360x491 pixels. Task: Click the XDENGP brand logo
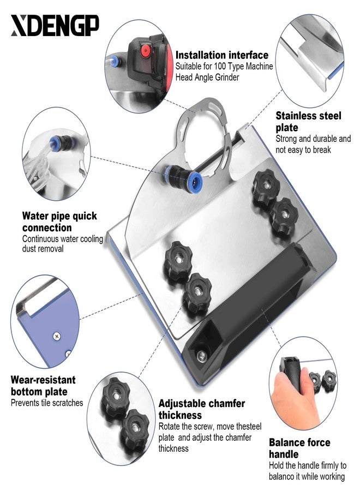coord(55,25)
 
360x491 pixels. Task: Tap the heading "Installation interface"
coord(221,55)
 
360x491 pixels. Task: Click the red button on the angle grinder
coord(145,51)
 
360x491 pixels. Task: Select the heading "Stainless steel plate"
coord(308,122)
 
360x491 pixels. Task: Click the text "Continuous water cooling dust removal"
coord(63,244)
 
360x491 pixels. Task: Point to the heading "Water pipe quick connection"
coord(59,221)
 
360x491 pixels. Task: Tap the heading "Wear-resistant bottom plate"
coord(43,386)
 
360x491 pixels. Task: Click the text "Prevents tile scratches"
coord(47,403)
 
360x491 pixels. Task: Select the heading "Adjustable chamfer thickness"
coord(202,409)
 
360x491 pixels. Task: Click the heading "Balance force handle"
coord(299,448)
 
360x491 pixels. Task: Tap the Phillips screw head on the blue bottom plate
coord(57,337)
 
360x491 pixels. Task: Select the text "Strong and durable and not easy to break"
coord(313,144)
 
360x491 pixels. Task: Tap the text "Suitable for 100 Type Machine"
coord(224,67)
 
